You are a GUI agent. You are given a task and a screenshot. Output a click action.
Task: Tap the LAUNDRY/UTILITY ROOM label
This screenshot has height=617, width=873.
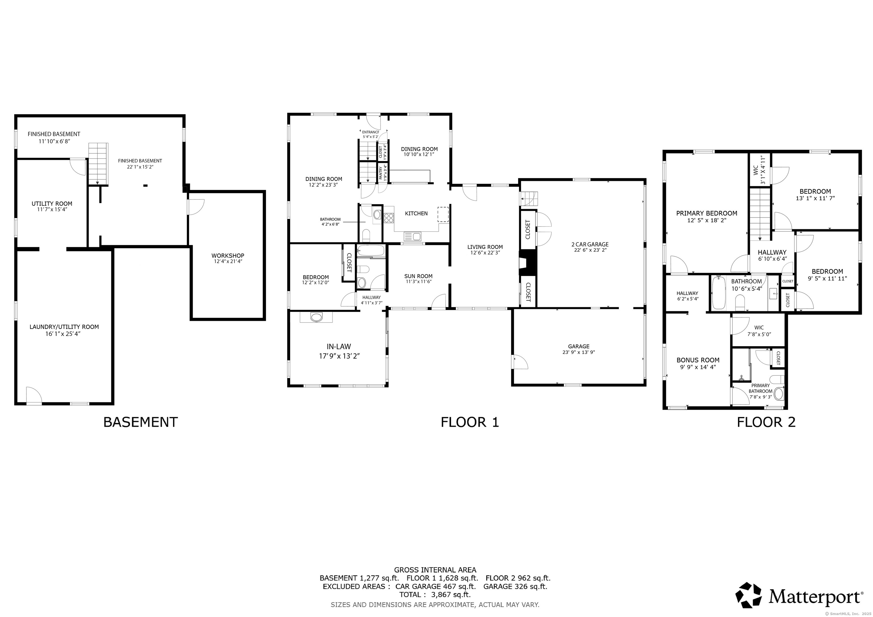(64, 327)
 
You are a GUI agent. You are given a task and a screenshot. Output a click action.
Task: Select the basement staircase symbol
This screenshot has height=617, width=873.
(99, 163)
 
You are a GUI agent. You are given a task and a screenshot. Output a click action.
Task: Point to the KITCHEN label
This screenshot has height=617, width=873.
(416, 214)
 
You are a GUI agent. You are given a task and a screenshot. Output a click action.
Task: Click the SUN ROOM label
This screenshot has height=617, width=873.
(418, 276)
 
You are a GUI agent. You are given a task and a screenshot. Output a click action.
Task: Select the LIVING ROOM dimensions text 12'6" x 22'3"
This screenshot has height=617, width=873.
(485, 253)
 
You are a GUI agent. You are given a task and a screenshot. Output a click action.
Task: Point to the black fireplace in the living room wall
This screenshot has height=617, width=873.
(527, 262)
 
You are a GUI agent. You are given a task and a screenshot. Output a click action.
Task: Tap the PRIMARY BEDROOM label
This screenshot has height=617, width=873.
(706, 214)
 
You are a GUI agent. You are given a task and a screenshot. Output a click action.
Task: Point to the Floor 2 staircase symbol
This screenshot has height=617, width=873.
(760, 215)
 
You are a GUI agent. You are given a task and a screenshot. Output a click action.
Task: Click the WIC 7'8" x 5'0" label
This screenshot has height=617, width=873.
(759, 327)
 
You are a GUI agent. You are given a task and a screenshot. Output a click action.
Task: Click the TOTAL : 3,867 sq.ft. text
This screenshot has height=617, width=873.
(435, 595)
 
